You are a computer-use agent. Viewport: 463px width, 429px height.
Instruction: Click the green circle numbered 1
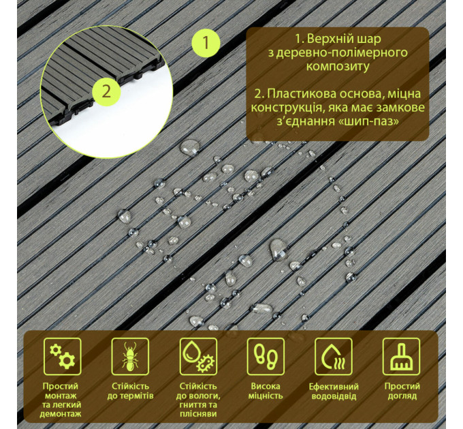point(206,43)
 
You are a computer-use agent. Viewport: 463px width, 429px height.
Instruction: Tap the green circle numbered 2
point(106,90)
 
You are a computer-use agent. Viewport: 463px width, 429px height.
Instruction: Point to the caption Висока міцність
point(266,391)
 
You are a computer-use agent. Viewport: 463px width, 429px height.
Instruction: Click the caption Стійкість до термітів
point(131,391)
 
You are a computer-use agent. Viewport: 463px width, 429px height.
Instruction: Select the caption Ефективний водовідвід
point(333,391)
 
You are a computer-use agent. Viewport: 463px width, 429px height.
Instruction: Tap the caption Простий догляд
point(401,391)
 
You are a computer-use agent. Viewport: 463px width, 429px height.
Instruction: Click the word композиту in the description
point(338,67)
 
